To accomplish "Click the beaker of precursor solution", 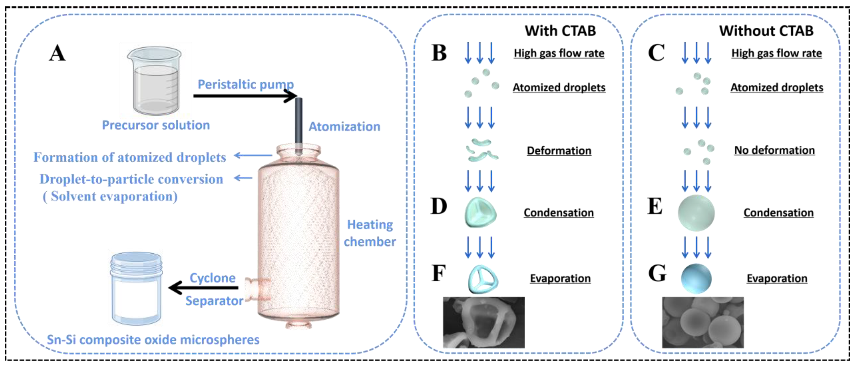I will (155, 82).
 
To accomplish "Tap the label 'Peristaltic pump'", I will (245, 84).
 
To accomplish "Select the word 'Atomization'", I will (344, 127).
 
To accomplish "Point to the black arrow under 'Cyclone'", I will (203, 287).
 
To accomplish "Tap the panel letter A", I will (57, 53).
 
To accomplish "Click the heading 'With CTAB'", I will (560, 31).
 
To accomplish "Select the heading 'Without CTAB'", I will (766, 31).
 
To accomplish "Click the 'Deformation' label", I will (559, 151).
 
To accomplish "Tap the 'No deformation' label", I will (774, 150).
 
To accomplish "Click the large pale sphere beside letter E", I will (696, 213).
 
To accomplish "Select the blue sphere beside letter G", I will (696, 278).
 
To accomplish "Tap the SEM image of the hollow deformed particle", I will (483, 322).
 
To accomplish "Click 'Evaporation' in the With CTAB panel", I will (560, 278).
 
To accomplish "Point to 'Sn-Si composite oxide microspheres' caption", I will (153, 340).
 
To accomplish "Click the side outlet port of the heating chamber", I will (257, 289).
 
